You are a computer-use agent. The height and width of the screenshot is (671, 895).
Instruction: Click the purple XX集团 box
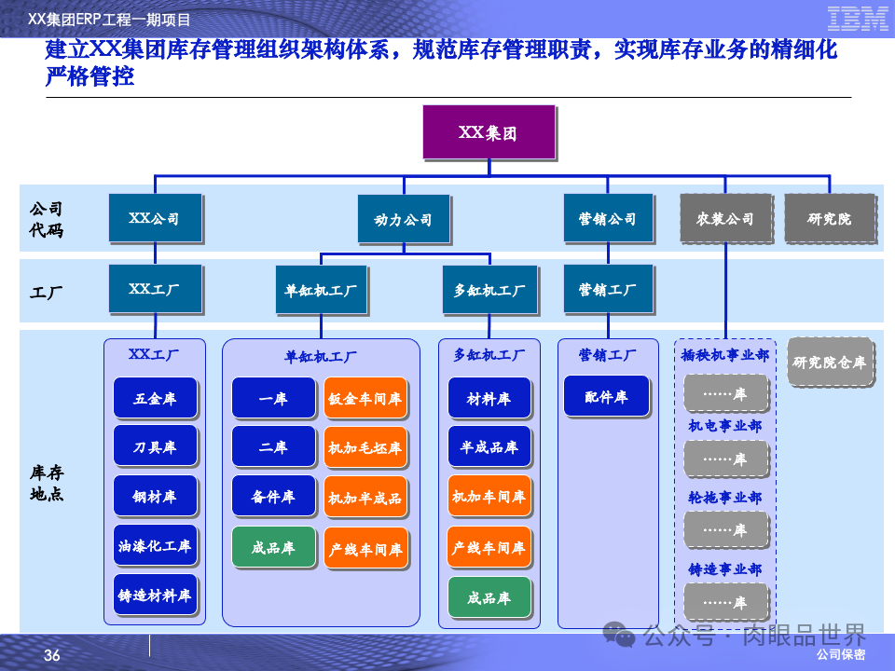pyautogui.click(x=489, y=132)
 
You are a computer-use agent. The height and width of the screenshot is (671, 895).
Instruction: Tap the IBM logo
pyautogui.click(x=857, y=19)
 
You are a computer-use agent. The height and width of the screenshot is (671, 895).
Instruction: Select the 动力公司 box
pyautogui.click(x=403, y=220)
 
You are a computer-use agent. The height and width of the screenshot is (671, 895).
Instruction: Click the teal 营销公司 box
pyautogui.click(x=607, y=219)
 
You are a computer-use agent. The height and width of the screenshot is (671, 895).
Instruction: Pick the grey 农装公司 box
pyautogui.click(x=725, y=219)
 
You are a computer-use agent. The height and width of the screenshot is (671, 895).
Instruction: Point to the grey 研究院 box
pyautogui.click(x=830, y=219)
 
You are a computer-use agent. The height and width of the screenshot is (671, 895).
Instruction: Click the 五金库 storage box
pyautogui.click(x=155, y=398)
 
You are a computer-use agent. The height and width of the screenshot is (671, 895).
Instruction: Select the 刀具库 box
pyautogui.click(x=155, y=447)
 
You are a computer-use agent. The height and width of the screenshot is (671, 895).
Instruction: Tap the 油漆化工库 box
pyautogui.click(x=155, y=546)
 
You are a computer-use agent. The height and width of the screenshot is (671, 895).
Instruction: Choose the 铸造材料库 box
pyautogui.click(x=155, y=595)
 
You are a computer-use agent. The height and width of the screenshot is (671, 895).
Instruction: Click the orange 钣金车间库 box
pyautogui.click(x=365, y=398)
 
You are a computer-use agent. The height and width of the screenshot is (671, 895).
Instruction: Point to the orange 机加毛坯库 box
pyautogui.click(x=365, y=447)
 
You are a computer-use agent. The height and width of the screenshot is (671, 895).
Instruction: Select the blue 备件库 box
pyautogui.click(x=273, y=497)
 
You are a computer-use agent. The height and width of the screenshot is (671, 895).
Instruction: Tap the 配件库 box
pyautogui.click(x=606, y=397)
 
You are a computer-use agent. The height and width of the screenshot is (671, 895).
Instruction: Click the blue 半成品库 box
pyautogui.click(x=489, y=447)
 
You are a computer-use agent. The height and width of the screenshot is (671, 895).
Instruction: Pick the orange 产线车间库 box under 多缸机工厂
pyautogui.click(x=489, y=547)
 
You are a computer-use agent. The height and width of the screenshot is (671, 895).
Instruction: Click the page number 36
pyautogui.click(x=52, y=656)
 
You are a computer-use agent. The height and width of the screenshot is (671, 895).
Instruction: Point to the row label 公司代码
pyautogui.click(x=47, y=219)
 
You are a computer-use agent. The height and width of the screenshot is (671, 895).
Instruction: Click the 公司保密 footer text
pyautogui.click(x=841, y=655)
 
